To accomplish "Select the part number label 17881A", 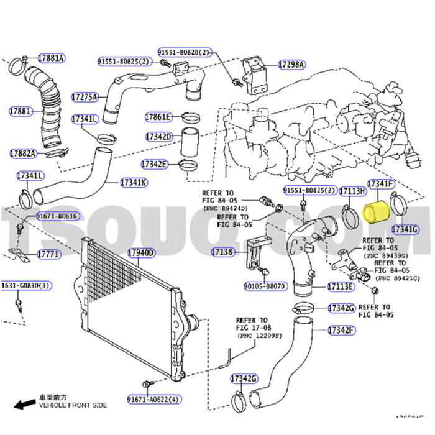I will click(51, 58).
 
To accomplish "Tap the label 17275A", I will click(85, 97).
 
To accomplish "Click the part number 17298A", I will click(291, 64).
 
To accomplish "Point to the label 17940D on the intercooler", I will click(141, 253).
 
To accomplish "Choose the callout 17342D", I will click(158, 136).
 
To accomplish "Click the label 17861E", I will click(158, 116).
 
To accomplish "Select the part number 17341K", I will click(134, 183).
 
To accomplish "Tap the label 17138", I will click(221, 252).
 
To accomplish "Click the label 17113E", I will click(341, 286).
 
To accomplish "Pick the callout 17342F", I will click(341, 329).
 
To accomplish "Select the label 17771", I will click(48, 254).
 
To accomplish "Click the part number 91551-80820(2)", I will click(184, 52).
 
